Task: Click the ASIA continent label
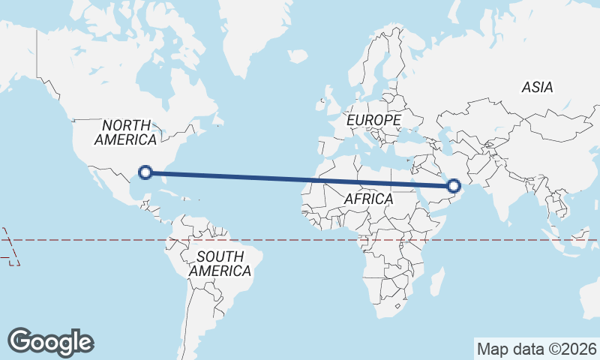pos(538,88)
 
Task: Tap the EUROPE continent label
pos(373,120)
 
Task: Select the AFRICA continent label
pos(368,199)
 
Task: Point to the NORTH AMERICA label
pos(126,133)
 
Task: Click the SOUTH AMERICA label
pos(220,264)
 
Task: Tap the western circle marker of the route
pos(146,172)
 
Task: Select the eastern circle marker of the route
pos(454,185)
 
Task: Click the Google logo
pos(50,342)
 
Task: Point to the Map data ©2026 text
pos(536,349)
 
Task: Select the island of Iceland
pos(298,55)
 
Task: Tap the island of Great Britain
pos(327,97)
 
